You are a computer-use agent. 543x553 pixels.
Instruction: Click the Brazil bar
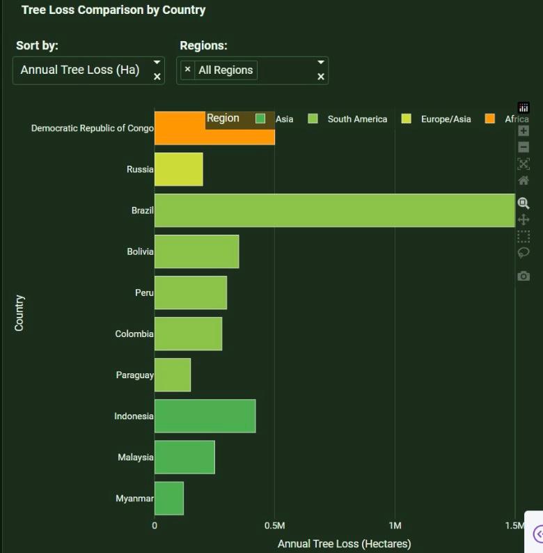(x=334, y=210)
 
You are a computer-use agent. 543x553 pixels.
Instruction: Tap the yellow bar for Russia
(x=178, y=169)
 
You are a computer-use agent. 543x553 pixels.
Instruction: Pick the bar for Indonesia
(x=205, y=416)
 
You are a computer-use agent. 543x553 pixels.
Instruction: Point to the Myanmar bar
(x=169, y=498)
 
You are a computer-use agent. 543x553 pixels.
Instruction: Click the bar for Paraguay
(x=173, y=375)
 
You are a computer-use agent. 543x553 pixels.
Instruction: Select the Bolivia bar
(x=196, y=251)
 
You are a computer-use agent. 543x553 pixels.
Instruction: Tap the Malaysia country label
(x=135, y=458)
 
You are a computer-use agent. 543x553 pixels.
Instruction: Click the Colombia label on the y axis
(x=134, y=334)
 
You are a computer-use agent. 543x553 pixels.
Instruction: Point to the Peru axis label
(x=143, y=293)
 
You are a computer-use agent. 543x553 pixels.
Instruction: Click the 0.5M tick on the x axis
(x=275, y=526)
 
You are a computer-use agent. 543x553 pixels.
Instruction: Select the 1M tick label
(x=395, y=526)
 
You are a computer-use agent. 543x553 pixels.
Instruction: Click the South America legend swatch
(x=313, y=119)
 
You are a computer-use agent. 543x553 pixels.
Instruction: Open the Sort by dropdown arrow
(x=157, y=63)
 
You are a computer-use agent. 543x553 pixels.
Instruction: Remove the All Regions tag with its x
(x=187, y=70)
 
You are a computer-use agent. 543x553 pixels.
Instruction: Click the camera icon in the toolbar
(x=524, y=276)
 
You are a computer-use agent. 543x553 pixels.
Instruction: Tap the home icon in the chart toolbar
(x=524, y=181)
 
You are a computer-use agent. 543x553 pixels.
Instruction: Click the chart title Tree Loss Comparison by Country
(x=113, y=10)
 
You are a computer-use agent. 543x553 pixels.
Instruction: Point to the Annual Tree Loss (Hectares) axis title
(x=344, y=543)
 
